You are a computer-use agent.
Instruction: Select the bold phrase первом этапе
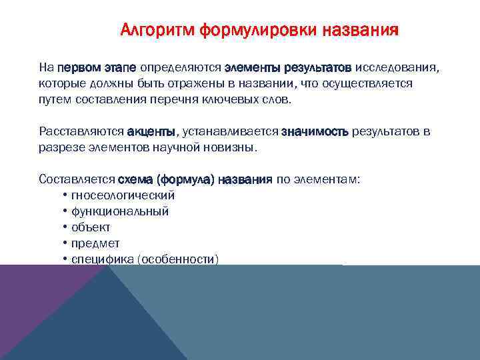tap(97, 68)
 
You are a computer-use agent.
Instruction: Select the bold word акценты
tap(151, 131)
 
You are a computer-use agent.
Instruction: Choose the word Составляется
tap(77, 179)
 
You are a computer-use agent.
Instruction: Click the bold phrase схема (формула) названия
tap(195, 179)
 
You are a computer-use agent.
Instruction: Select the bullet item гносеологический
tap(123, 195)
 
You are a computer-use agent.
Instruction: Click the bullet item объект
tap(91, 227)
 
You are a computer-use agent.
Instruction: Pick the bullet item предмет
tap(95, 243)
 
